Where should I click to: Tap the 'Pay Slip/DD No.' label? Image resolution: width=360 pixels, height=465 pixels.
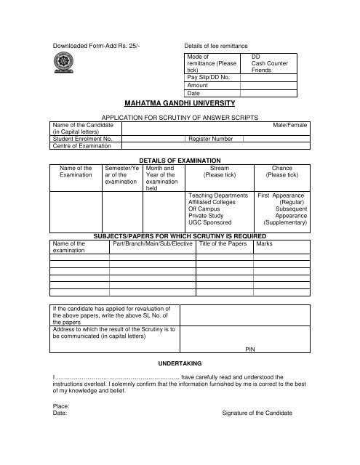(x=208, y=76)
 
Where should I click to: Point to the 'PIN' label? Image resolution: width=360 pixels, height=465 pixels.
(x=249, y=349)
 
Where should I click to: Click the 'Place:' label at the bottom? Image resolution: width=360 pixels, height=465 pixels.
(x=63, y=405)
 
